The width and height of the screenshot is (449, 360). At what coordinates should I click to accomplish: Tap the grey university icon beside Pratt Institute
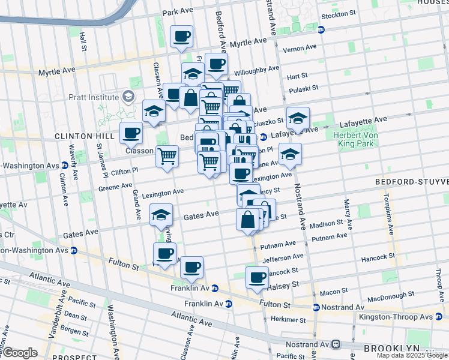click(x=128, y=97)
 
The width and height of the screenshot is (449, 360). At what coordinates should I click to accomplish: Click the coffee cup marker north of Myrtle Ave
click(x=181, y=37)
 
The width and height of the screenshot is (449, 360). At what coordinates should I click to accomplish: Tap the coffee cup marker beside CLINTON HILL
click(x=131, y=133)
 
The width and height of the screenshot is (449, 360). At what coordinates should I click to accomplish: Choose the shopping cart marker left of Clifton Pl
click(x=167, y=156)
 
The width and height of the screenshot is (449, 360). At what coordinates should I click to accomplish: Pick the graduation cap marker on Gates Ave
click(x=161, y=215)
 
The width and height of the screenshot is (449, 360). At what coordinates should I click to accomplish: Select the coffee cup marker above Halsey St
click(x=257, y=278)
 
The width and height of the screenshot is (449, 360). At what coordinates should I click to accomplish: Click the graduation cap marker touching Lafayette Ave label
click(x=297, y=118)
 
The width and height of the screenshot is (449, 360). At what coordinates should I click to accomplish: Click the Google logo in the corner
click(x=19, y=352)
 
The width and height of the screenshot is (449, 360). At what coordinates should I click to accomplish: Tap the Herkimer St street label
click(x=288, y=319)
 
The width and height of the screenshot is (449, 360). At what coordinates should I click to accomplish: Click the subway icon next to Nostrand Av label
click(x=336, y=344)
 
